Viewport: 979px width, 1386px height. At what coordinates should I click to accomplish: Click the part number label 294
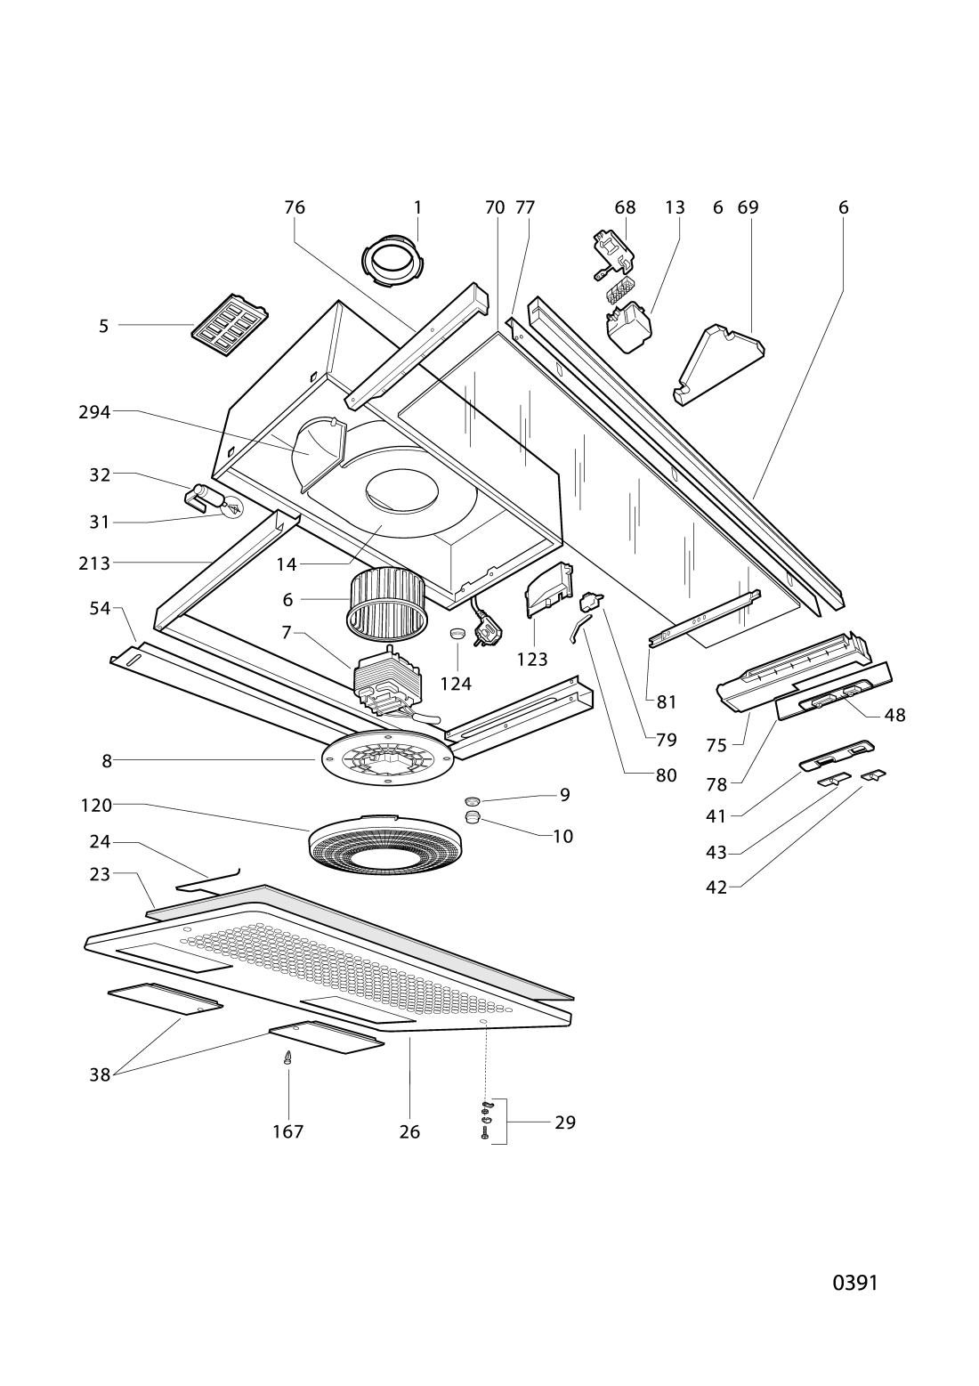pos(94,411)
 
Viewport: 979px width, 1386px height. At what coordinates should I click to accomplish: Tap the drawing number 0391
pos(854,1283)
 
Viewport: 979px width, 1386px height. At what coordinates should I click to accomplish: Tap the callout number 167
pos(288,1131)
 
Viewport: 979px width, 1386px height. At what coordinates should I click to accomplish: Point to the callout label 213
pos(94,563)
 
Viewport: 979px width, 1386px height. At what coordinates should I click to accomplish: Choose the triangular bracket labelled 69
pos(718,364)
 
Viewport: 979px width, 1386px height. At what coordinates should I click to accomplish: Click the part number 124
pos(456,684)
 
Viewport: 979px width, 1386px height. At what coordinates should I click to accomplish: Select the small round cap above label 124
pos(457,634)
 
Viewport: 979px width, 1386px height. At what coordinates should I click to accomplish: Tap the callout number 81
pos(666,702)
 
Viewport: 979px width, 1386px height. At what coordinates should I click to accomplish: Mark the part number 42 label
pos(716,888)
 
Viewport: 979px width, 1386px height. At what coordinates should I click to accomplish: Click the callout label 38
pos(100,1074)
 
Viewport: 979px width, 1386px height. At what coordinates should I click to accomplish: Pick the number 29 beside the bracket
pos(564,1122)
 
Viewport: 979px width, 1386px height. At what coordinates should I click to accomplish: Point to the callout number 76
pos(295,207)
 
